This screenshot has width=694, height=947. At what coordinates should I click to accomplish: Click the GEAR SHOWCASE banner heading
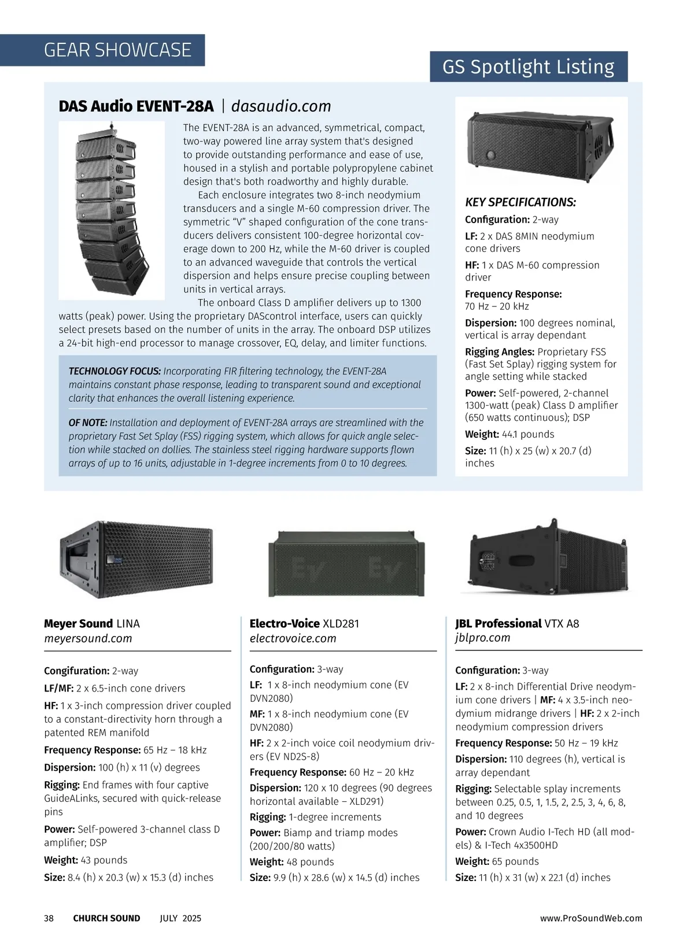[117, 50]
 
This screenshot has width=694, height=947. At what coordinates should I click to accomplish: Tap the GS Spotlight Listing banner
[528, 67]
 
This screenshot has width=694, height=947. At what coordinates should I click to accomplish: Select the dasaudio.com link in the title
[281, 106]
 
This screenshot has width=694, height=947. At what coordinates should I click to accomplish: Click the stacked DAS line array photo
[112, 210]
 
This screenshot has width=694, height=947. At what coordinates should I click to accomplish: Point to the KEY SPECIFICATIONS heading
[520, 202]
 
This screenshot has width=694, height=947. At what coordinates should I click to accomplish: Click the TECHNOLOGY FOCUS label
[115, 371]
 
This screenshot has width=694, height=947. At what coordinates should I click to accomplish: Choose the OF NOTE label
[87, 423]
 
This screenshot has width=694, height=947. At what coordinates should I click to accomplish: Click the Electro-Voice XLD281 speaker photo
[345, 563]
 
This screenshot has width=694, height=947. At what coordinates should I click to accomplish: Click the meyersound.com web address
[88, 639]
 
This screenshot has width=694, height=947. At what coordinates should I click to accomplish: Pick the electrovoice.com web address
[293, 639]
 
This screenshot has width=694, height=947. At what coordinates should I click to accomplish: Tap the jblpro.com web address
[482, 638]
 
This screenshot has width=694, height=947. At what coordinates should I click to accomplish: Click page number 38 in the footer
[49, 918]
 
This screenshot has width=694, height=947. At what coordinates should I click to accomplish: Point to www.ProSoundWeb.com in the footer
[591, 918]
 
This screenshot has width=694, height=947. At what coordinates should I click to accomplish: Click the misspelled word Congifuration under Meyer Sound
[76, 671]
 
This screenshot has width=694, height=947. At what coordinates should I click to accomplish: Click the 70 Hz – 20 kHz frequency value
[497, 306]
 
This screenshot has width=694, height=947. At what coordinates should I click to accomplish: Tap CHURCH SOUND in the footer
[106, 918]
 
